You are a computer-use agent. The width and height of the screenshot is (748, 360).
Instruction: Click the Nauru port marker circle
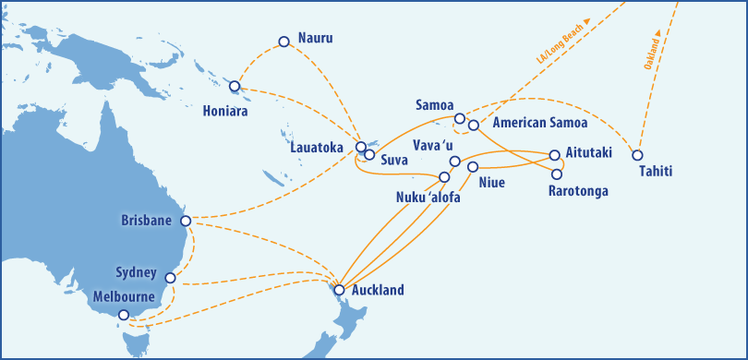(284, 42)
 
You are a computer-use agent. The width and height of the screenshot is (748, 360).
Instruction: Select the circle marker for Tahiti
(636, 154)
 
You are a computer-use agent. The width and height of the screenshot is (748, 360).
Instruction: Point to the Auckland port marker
(339, 290)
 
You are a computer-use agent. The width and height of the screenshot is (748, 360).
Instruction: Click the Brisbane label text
(148, 221)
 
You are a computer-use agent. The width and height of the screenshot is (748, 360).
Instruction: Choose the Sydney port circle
(170, 278)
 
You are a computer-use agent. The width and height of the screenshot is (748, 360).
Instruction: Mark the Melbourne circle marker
(125, 315)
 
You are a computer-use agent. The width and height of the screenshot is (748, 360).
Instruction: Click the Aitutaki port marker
(555, 155)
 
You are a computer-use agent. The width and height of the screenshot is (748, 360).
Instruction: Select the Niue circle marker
(473, 167)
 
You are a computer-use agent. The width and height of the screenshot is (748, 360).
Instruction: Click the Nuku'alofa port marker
(444, 176)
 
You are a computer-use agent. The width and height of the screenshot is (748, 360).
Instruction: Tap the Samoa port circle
(460, 118)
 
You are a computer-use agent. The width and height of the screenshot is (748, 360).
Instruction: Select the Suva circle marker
(369, 155)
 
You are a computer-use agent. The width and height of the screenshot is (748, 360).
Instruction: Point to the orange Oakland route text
(651, 55)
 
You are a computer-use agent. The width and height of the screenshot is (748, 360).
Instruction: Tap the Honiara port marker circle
(235, 87)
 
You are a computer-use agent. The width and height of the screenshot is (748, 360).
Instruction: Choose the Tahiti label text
(656, 173)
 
